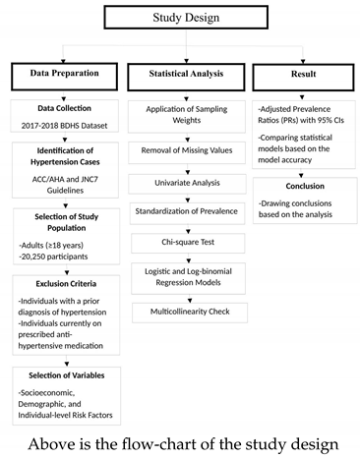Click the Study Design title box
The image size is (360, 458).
pos(180,18)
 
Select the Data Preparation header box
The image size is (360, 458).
pos(63,74)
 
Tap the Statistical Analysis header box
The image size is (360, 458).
pos(187,74)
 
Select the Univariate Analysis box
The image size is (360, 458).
pos(187,183)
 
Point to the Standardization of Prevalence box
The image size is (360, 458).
pos(187,211)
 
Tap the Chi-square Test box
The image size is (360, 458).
pos(187,240)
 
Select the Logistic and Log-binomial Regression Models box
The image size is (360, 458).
pos(187,274)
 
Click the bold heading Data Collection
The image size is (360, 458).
pos(62,110)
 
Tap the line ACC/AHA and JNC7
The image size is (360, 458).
pos(62,178)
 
